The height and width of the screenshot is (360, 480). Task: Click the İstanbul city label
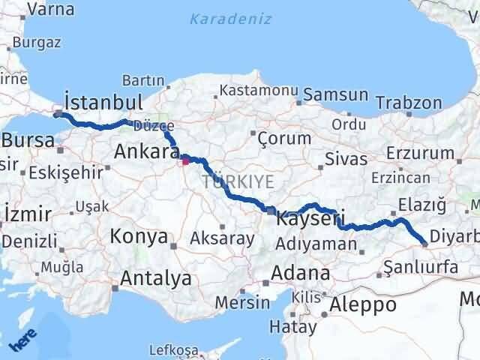(103, 102)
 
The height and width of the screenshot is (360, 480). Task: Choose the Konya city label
(139, 237)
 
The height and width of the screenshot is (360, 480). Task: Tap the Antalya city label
(155, 279)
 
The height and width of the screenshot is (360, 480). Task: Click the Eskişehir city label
(66, 172)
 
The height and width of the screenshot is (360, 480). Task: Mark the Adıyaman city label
(316, 243)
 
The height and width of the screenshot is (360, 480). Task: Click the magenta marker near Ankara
(185, 160)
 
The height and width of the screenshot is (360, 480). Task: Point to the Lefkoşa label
(173, 350)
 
